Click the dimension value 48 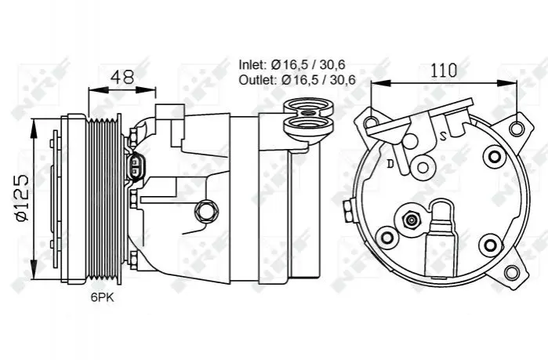click(122, 77)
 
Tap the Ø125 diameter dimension click(22, 198)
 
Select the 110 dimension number click(444, 71)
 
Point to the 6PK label click(103, 297)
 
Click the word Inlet click(253, 64)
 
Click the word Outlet click(258, 80)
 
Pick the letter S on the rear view click(443, 136)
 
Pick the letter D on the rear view click(390, 163)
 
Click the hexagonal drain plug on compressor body click(205, 211)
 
